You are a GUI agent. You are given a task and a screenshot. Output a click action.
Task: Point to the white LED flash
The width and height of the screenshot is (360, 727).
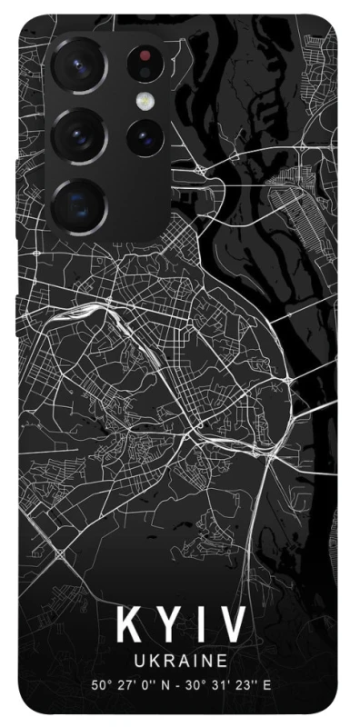tap(144, 100)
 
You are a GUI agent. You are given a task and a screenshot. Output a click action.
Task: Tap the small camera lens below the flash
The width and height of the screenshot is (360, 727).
tap(144, 138)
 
